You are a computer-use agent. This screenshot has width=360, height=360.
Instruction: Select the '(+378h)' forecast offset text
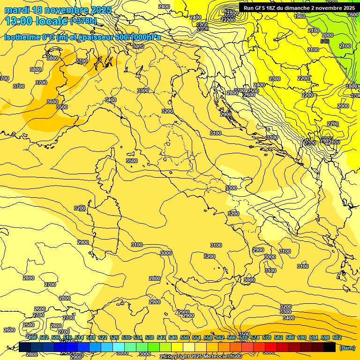click(x=83, y=21)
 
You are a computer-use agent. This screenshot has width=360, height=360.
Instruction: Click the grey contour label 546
click(x=324, y=42)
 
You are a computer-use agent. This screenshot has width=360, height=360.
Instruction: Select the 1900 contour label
click(x=300, y=16)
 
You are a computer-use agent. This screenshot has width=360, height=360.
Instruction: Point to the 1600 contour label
click(x=353, y=15)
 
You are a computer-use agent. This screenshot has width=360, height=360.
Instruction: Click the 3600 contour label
click(x=52, y=102)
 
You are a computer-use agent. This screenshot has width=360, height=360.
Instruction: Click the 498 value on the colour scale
click(x=32, y=337)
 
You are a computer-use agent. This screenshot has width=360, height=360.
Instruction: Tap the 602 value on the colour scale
click(x=337, y=337)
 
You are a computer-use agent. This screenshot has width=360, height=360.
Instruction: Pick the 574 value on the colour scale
click(x=255, y=337)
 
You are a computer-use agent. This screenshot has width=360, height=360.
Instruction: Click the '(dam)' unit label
click(x=347, y=347)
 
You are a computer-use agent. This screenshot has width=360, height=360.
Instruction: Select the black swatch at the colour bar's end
click(x=330, y=347)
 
